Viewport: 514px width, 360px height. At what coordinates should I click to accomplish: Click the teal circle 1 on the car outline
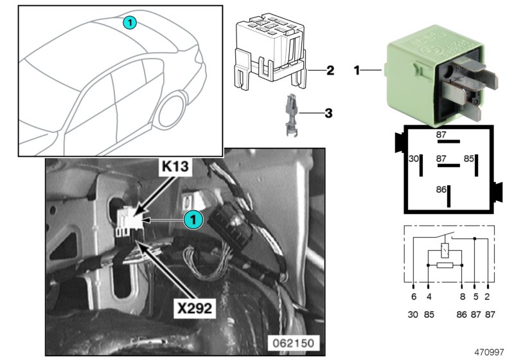pyautogui.click(x=129, y=23)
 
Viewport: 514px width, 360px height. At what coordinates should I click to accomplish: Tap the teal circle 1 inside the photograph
pyautogui.click(x=193, y=220)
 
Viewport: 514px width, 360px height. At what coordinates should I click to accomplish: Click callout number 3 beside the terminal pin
pyautogui.click(x=328, y=114)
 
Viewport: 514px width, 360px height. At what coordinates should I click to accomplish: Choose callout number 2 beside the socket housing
pyautogui.click(x=329, y=70)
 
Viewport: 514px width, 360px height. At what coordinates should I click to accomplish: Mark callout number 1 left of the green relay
pyautogui.click(x=357, y=69)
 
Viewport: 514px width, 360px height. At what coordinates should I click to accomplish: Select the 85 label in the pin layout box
pyautogui.click(x=469, y=158)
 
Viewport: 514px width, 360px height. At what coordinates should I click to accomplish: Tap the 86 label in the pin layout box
pyautogui.click(x=441, y=191)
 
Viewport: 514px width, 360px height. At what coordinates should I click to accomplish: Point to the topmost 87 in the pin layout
pyautogui.click(x=441, y=134)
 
